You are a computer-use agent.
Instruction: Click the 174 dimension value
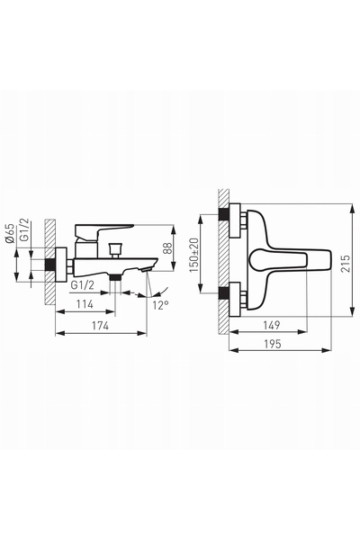[x=101, y=325]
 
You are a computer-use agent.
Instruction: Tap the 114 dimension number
[x=85, y=304]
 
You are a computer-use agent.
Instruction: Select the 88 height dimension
[x=167, y=248]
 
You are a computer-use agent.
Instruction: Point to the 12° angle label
[x=160, y=305]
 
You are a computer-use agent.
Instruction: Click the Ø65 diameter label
[x=10, y=233]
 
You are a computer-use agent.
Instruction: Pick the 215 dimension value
[x=346, y=263]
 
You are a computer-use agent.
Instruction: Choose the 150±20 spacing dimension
[x=194, y=255]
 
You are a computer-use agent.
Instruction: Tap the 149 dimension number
[x=272, y=325]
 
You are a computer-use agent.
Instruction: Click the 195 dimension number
[x=273, y=344]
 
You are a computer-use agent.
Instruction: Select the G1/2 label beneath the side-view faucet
[x=82, y=285]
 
